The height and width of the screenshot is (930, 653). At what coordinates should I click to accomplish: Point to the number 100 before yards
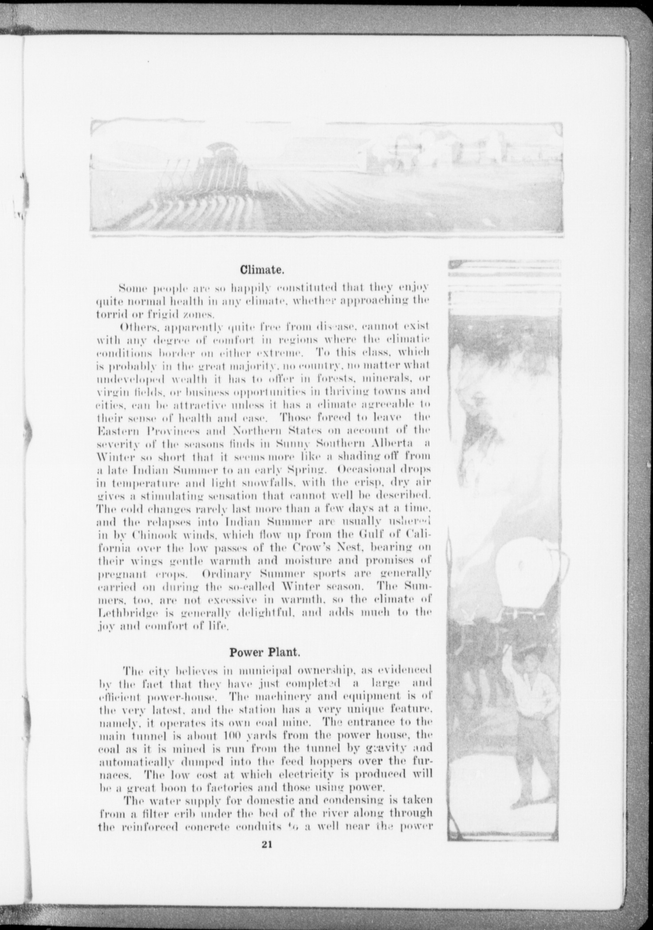[x=233, y=735]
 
